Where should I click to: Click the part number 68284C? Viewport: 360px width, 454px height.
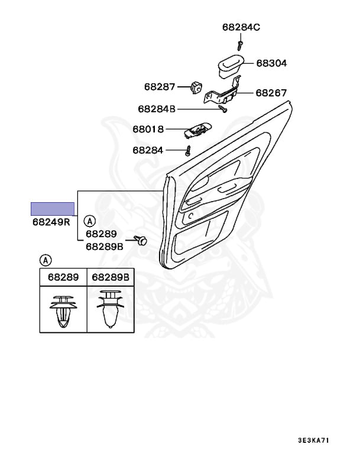tap(241, 27)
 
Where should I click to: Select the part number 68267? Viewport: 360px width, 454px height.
tap(271, 93)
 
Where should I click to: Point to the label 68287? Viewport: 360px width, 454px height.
tap(160, 87)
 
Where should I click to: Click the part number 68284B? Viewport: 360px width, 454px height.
tap(157, 109)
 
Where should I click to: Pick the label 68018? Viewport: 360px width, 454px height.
tap(148, 129)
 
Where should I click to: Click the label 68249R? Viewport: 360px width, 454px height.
tap(51, 223)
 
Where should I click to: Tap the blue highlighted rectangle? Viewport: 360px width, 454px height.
tap(53, 208)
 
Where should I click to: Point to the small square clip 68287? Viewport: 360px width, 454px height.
tap(197, 87)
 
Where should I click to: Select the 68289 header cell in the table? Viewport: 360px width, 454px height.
tap(63, 277)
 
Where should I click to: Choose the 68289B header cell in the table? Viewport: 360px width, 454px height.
tap(111, 277)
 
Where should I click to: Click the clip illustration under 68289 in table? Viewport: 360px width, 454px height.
tap(63, 310)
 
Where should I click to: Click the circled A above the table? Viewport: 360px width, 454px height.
tap(46, 260)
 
